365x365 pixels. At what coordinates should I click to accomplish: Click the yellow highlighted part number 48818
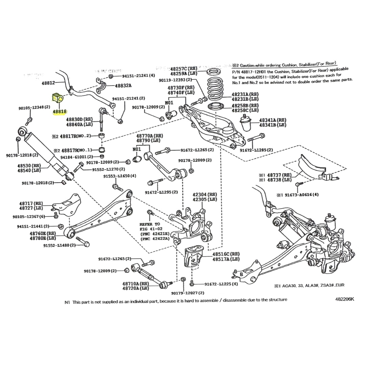tap(59, 111)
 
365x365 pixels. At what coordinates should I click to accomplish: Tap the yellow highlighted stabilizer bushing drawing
tap(58, 98)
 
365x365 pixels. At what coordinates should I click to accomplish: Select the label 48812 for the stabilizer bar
tap(48, 83)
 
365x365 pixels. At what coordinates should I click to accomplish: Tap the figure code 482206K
tap(345, 299)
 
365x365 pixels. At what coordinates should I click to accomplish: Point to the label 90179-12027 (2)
tap(188, 293)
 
